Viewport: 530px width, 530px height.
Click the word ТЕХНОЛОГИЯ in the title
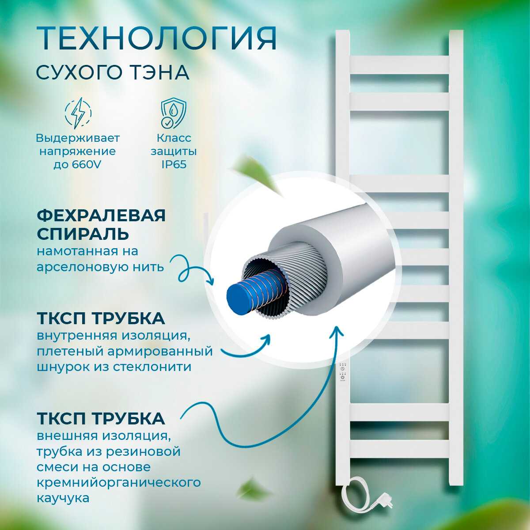pyautogui.click(x=156, y=38)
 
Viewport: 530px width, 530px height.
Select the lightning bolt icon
pyautogui.click(x=78, y=113)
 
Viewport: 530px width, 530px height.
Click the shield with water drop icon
pyautogui.click(x=174, y=113)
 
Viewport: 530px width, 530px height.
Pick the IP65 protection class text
pyautogui.click(x=174, y=164)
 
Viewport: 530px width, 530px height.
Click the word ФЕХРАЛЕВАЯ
pyautogui.click(x=101, y=216)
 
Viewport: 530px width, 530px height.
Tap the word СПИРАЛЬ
pyautogui.click(x=83, y=234)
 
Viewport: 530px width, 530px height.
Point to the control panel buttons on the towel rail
pyautogui.click(x=342, y=372)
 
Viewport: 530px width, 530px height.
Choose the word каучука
pyautogui.click(x=63, y=498)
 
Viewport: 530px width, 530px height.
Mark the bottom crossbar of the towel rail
pyautogui.click(x=399, y=449)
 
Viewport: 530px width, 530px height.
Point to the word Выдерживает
pyautogui.click(x=78, y=138)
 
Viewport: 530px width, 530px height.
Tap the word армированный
pyautogui.click(x=160, y=351)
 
